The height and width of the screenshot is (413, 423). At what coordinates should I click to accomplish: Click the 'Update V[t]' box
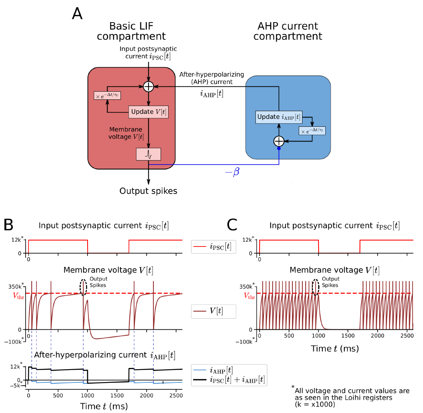[148, 111]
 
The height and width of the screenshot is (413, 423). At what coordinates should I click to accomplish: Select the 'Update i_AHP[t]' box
[279, 117]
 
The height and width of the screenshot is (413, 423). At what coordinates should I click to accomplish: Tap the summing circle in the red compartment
[149, 86]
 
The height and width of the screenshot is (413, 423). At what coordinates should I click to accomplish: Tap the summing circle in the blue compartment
[279, 141]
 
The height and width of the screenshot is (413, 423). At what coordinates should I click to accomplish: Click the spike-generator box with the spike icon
[149, 154]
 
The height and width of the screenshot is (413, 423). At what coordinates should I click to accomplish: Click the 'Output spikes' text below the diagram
[148, 191]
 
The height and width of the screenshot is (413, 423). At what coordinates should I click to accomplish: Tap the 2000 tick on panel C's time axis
[377, 335]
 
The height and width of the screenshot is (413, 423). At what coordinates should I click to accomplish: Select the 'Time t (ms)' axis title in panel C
[335, 348]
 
